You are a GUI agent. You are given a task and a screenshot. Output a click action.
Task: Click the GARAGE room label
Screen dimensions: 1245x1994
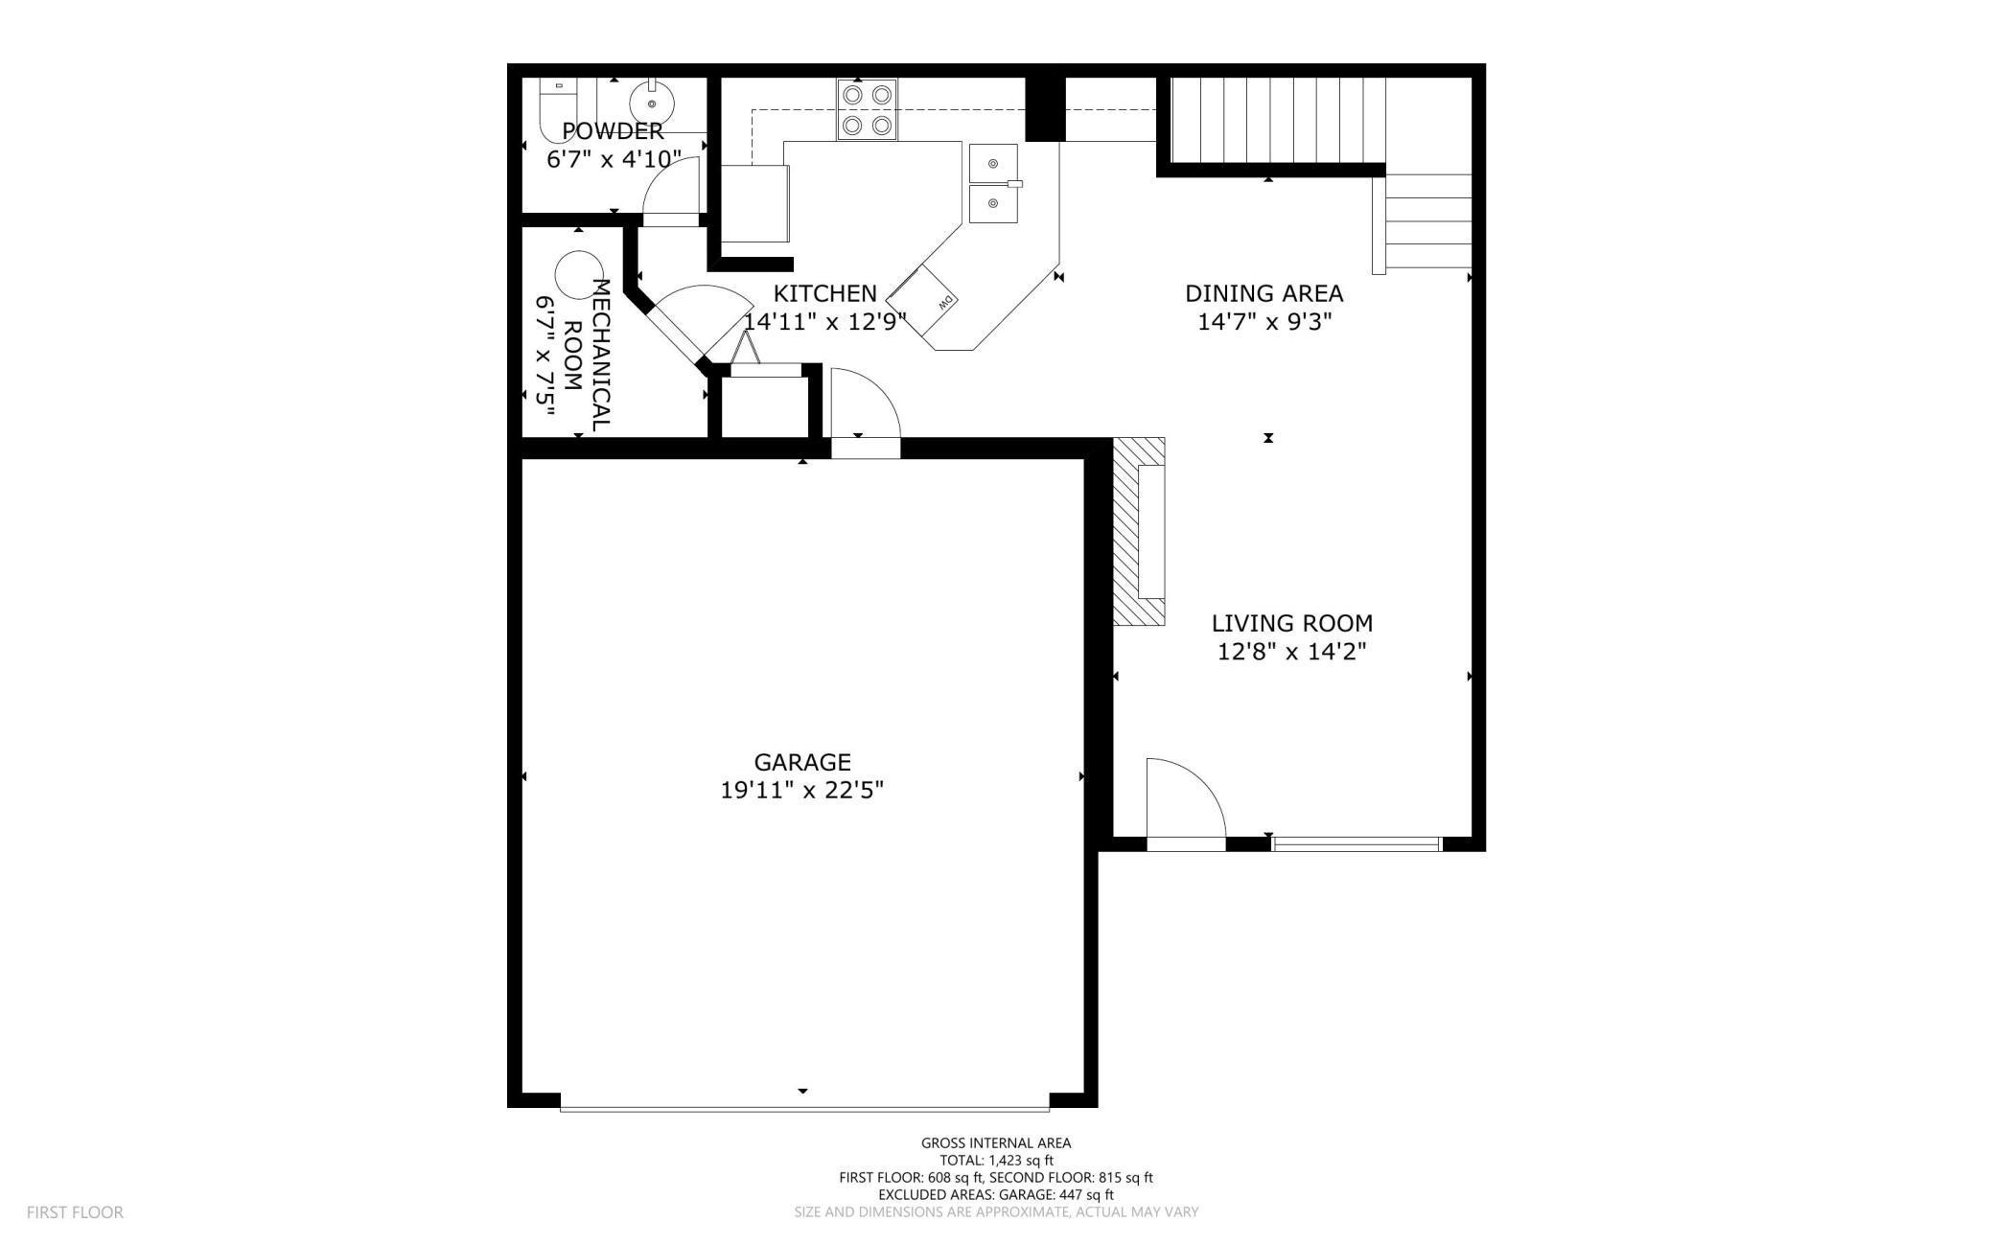point(801,762)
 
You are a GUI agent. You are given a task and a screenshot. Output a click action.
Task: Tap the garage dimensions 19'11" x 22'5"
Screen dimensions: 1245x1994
point(801,791)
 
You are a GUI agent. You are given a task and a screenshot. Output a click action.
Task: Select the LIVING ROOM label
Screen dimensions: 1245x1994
point(1291,623)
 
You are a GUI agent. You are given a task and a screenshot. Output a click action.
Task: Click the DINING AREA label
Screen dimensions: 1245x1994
point(1264,293)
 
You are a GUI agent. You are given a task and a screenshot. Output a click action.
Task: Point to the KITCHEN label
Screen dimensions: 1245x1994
point(824,293)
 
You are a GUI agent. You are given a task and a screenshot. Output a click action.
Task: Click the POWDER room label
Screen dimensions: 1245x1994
point(613,131)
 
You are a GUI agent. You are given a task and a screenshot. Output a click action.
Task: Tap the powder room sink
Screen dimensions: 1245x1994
point(652,102)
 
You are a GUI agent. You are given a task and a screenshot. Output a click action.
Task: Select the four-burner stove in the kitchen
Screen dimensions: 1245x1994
point(867,110)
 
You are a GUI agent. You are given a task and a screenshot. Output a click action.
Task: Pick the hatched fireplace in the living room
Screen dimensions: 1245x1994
point(1139,532)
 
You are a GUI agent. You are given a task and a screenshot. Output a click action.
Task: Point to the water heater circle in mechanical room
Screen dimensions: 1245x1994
point(580,274)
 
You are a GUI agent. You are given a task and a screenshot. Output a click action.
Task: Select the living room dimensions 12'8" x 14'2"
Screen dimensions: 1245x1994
point(1291,652)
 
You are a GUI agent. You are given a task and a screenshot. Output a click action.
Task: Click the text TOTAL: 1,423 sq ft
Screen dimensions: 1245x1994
point(996,1160)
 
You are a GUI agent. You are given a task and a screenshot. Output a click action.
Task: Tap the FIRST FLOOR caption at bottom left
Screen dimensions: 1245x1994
point(75,1212)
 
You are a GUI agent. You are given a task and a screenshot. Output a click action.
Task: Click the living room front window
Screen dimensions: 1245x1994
point(1356,843)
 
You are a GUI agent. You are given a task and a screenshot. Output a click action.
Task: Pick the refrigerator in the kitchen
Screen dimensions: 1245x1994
point(754,203)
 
